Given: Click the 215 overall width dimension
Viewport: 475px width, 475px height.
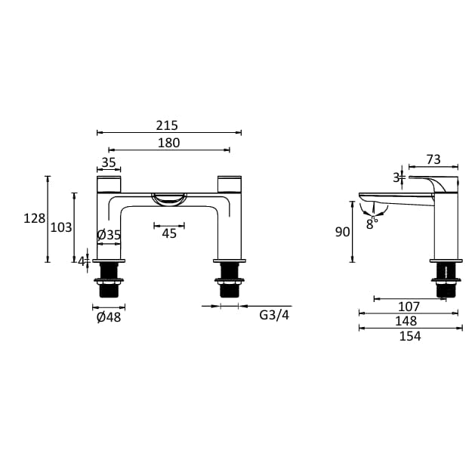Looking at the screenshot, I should [x=169, y=125].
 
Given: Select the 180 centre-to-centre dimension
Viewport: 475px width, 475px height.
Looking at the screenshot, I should [x=168, y=143].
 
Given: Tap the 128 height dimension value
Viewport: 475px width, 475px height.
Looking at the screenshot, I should [x=35, y=218].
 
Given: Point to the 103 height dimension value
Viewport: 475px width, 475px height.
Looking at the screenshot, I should [x=60, y=227].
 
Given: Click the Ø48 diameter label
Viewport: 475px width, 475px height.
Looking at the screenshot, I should [x=109, y=317].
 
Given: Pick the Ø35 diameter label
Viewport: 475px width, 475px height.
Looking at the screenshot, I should [x=109, y=235].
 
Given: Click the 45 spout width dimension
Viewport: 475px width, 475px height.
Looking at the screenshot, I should [x=169, y=233].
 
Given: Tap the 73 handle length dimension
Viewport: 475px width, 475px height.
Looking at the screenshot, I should [x=433, y=159].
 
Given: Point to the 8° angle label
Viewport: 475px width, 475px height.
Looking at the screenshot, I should [x=372, y=224].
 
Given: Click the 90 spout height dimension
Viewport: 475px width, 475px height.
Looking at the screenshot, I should [x=343, y=232].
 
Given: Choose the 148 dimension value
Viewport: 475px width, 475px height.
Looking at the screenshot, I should [x=408, y=321].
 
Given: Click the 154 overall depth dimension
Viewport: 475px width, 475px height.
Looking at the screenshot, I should [x=409, y=336].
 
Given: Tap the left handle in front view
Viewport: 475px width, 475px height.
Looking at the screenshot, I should [x=109, y=184].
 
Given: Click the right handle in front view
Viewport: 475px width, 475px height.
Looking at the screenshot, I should [x=230, y=184].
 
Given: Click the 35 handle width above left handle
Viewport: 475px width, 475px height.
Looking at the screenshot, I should [x=109, y=162].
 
